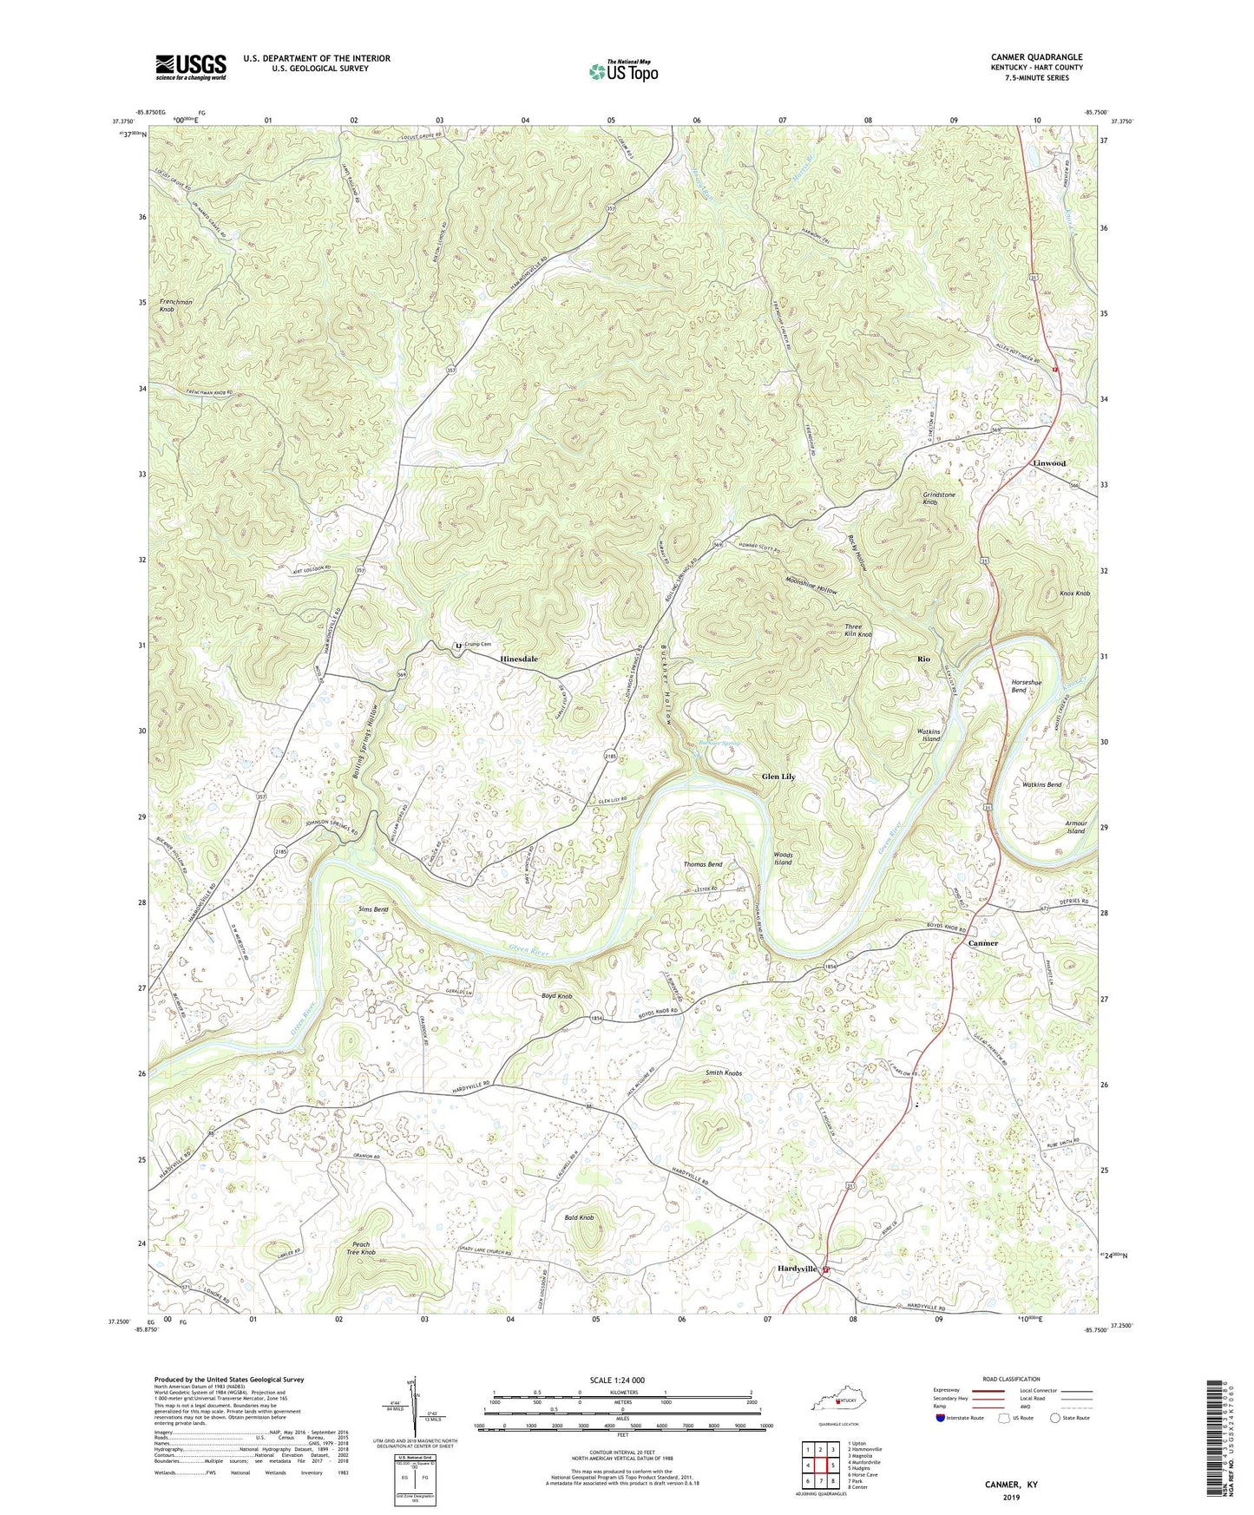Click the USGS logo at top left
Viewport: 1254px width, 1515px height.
point(191,66)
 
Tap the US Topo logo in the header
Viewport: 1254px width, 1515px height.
point(622,71)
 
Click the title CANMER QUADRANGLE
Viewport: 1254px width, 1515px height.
point(1036,57)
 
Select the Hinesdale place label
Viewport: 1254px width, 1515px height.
point(519,659)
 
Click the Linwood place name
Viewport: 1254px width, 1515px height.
point(1049,463)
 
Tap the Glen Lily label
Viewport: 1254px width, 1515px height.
point(778,777)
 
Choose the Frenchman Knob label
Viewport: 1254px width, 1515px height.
point(176,305)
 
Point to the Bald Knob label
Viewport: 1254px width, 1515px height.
point(580,1217)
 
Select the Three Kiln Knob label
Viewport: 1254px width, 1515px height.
point(858,631)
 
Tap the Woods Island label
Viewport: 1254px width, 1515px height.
point(783,858)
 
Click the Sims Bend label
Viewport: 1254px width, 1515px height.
point(373,909)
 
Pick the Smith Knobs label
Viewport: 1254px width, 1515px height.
point(723,1073)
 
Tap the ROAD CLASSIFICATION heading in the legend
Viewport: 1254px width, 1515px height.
point(1011,1379)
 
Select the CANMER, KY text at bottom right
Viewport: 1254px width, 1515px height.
point(1011,1485)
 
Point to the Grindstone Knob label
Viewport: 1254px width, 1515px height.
point(941,498)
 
